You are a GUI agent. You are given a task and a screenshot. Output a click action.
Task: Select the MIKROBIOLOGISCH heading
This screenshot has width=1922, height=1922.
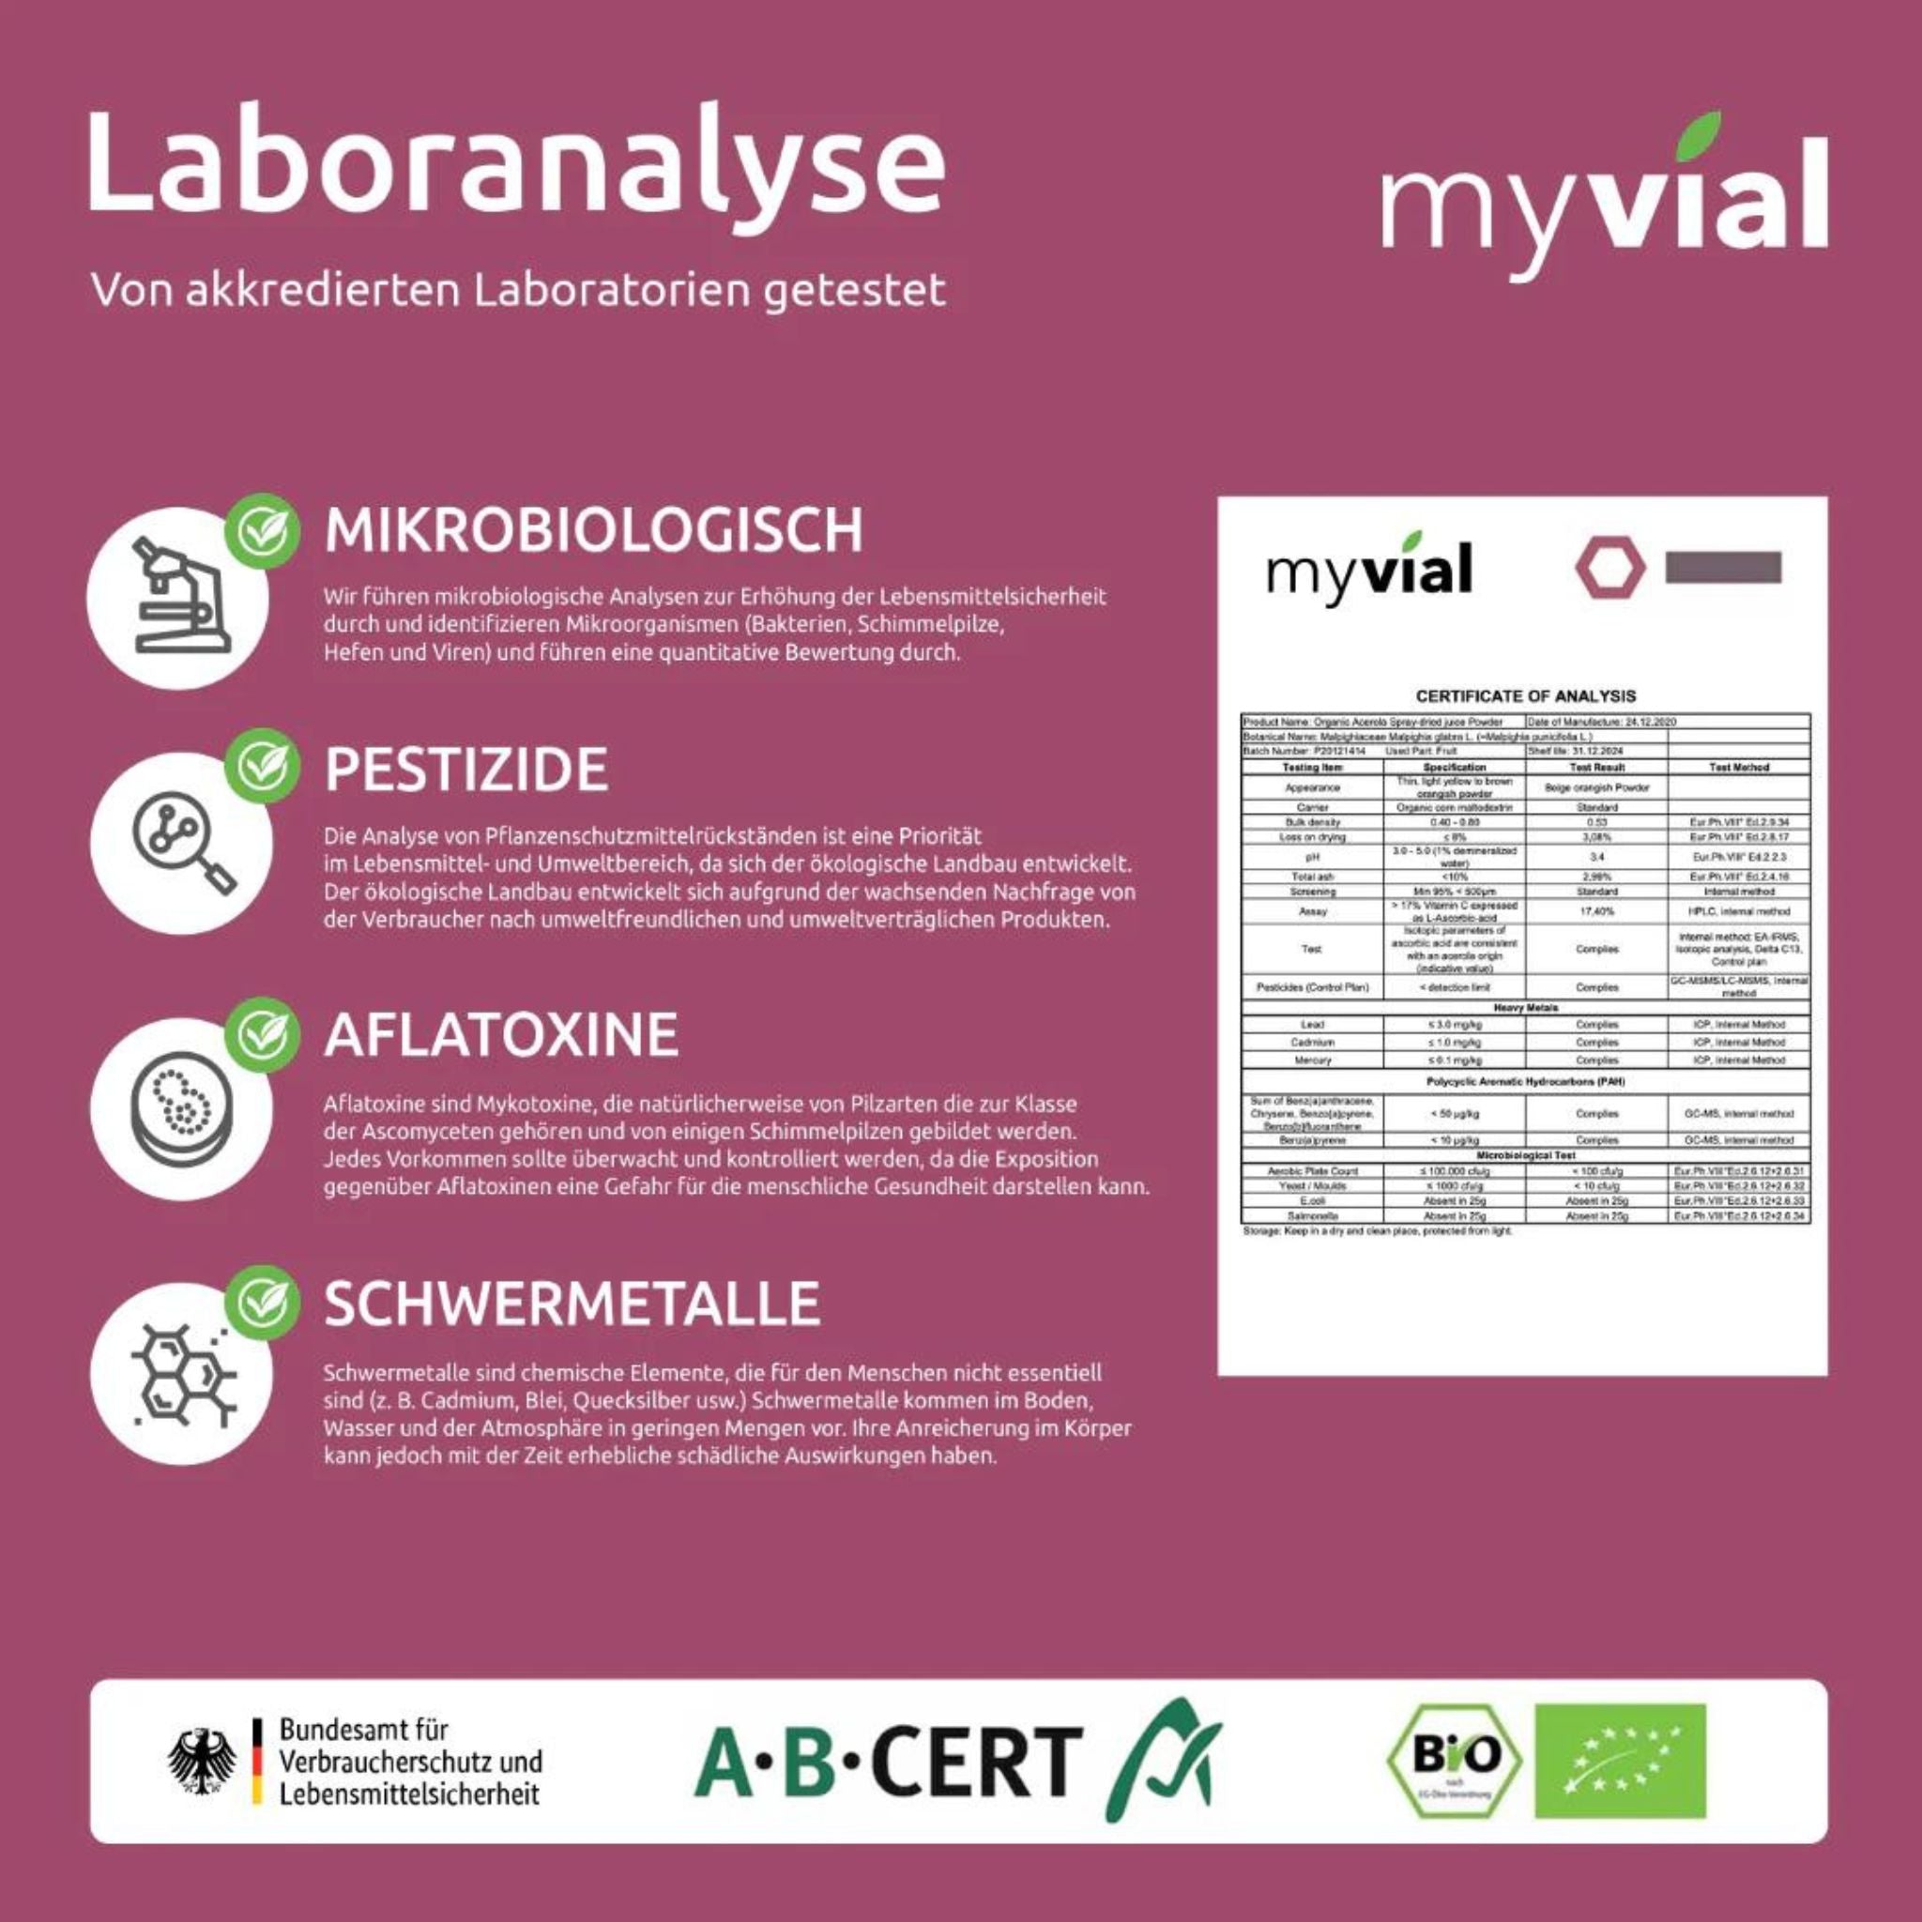[x=594, y=530]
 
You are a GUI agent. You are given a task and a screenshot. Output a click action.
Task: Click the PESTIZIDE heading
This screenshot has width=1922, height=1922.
[x=465, y=769]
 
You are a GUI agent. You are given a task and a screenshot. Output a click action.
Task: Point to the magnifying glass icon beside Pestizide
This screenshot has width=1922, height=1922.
[x=179, y=846]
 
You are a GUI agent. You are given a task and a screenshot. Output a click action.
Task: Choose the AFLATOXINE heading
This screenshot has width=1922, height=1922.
[x=501, y=1034]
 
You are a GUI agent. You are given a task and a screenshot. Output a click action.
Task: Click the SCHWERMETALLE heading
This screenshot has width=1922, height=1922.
[x=572, y=1304]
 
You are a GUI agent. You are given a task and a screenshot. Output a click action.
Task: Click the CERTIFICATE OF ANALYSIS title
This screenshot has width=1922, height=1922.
[x=1525, y=696]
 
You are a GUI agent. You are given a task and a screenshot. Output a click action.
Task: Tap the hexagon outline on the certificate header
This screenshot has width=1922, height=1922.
[x=1609, y=569]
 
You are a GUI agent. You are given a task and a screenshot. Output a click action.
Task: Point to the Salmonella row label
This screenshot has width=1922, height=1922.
[x=1312, y=1215]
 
